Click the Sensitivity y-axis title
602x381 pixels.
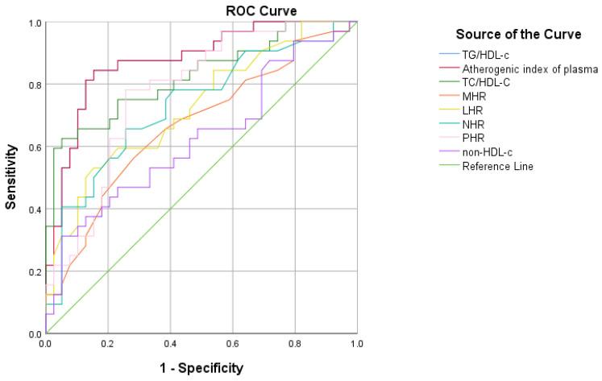coord(12,177)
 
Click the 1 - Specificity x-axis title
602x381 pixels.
coord(201,368)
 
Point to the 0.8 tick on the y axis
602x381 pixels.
coord(35,85)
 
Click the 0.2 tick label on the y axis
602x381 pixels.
coord(35,271)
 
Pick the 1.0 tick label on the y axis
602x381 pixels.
coord(35,23)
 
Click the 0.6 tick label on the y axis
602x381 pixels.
coord(35,147)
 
